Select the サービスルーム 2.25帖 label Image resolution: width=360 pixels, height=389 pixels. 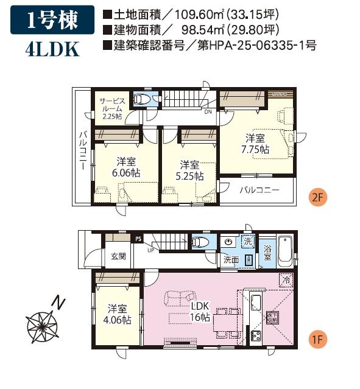111,108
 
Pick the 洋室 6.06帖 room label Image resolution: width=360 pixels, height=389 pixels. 125,167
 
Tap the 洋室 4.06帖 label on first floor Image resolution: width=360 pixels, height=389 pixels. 116,314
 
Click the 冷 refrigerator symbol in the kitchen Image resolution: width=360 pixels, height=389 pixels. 285,280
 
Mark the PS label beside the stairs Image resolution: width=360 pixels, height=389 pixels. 138,239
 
